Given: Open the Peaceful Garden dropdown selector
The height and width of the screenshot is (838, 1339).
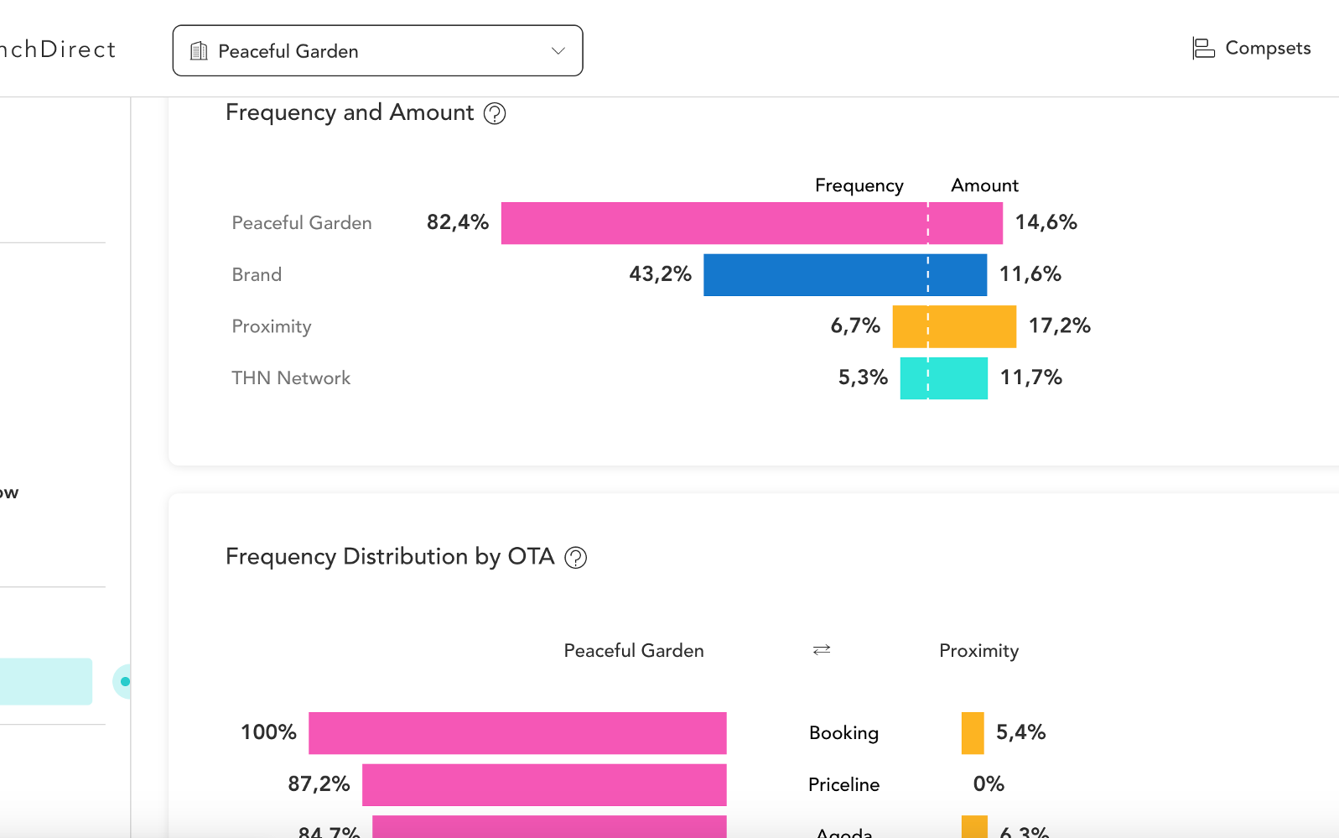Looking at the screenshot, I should (377, 51).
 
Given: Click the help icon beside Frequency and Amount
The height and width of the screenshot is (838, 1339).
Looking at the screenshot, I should (495, 113).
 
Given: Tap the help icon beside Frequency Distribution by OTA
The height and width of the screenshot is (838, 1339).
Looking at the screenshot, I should (575, 558).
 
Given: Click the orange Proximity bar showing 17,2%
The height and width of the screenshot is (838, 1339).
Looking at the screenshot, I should (954, 326).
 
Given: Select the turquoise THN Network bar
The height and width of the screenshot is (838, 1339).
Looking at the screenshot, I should (943, 378).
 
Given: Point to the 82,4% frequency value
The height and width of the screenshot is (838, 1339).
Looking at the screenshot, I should (457, 222).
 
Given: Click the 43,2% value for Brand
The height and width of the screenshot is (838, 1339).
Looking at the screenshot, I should (660, 274).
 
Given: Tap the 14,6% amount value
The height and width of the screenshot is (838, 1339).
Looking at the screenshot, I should (1046, 222).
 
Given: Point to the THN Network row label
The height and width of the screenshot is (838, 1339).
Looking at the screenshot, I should (291, 378).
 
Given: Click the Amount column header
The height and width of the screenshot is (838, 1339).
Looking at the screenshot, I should (984, 185).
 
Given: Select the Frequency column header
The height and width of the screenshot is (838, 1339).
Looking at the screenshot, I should (859, 185).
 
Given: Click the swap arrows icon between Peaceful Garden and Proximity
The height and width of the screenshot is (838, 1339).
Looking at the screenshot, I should (822, 650).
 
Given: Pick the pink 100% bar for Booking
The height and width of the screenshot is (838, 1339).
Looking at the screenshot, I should (517, 733).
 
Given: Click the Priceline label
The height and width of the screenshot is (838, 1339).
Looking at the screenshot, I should (843, 785).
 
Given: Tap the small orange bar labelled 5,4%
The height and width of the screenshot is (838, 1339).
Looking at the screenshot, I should (973, 733).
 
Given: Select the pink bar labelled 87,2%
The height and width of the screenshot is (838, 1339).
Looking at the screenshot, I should (544, 785).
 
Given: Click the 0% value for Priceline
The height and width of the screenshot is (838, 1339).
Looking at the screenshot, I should (989, 784).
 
